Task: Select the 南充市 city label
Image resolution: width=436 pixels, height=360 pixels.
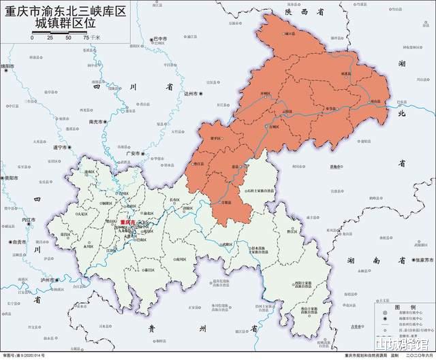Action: (97, 122)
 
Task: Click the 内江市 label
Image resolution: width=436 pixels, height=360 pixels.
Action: (29, 220)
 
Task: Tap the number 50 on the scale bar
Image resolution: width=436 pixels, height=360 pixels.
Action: (68, 38)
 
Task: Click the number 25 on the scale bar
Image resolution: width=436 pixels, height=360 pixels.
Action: (50, 38)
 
